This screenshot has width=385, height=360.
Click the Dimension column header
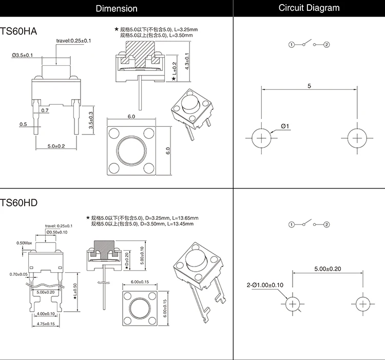pyautogui.click(x=117, y=8)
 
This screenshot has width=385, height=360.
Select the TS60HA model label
pyautogui.click(x=20, y=31)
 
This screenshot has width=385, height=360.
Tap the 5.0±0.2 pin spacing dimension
pyautogui.click(x=56, y=146)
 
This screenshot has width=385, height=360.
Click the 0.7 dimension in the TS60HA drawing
pyautogui.click(x=45, y=110)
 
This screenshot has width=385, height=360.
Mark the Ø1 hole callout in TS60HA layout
pyautogui.click(x=285, y=126)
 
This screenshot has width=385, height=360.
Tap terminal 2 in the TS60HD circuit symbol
pyautogui.click(x=326, y=225)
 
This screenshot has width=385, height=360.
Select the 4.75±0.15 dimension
pyautogui.click(x=47, y=324)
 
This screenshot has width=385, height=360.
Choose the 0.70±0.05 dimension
pyautogui.click(x=18, y=275)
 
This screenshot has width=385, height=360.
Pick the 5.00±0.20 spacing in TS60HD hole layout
pyautogui.click(x=328, y=269)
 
